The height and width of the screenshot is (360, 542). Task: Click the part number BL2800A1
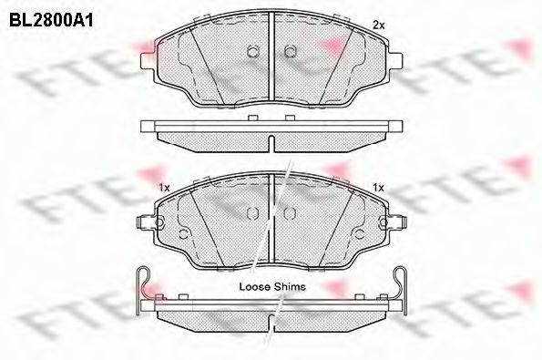point(51,20)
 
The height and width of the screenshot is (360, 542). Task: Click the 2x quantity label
point(378,25)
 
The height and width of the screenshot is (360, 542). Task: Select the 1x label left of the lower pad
point(164,188)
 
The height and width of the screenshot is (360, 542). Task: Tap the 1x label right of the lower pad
point(379,188)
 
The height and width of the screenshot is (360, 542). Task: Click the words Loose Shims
point(272,287)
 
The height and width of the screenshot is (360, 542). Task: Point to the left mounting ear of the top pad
point(148,61)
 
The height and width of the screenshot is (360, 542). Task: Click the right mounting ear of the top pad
point(395,61)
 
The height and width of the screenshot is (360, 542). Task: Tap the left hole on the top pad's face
point(252,52)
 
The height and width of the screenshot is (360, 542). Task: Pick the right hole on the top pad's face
point(290,52)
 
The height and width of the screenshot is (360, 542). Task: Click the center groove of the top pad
point(271,57)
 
